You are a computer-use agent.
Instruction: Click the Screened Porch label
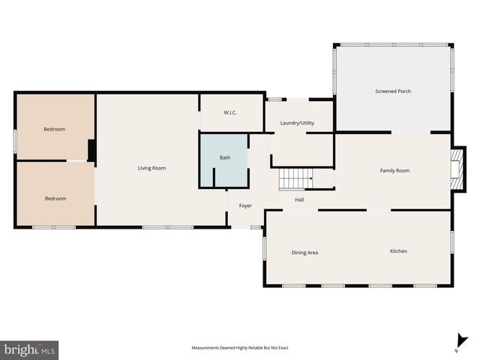tap(393, 91)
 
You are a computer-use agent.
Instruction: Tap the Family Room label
tap(394, 171)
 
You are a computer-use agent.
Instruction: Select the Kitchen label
tap(398, 251)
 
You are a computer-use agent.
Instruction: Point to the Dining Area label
tap(304, 253)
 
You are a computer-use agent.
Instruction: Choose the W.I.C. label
tap(230, 113)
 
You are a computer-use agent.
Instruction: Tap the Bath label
tap(225, 158)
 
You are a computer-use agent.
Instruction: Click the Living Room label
tap(151, 168)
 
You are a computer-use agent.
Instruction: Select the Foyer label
tap(245, 205)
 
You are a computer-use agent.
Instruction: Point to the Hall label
tap(299, 199)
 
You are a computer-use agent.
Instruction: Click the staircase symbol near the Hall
tap(295, 179)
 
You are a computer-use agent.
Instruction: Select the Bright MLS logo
tap(29, 349)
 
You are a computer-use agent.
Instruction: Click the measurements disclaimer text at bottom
tap(240, 348)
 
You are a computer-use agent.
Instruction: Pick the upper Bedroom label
tap(54, 129)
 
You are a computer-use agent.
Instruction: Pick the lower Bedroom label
tap(55, 199)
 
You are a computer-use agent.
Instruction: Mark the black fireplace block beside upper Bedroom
tap(91, 151)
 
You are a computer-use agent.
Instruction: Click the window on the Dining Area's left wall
tap(263, 248)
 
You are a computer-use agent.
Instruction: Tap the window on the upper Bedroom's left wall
tap(15, 141)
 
